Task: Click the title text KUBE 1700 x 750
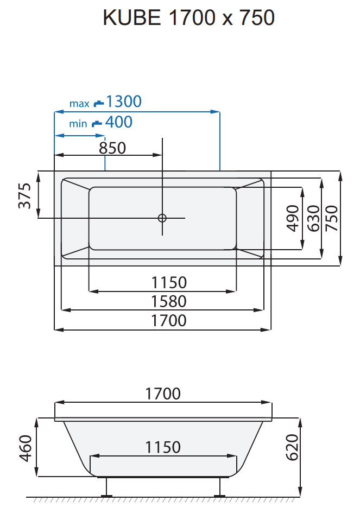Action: tap(188, 18)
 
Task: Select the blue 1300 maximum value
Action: tap(124, 102)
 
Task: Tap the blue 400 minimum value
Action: tap(119, 122)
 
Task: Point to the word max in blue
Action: tap(79, 103)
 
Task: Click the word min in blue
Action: tap(78, 124)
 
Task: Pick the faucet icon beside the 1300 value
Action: tap(98, 102)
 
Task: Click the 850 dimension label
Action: tap(112, 148)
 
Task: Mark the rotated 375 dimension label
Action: tap(25, 195)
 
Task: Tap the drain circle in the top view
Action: tap(162, 218)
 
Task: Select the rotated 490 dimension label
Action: tap(293, 218)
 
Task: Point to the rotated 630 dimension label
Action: tap(313, 218)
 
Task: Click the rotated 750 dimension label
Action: tap(331, 218)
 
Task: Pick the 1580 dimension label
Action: tap(169, 301)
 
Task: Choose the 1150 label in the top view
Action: tap(169, 283)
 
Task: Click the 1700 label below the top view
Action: tap(169, 320)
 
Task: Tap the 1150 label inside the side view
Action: tap(163, 447)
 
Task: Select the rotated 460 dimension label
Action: tap(26, 447)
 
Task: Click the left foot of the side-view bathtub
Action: tap(106, 487)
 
